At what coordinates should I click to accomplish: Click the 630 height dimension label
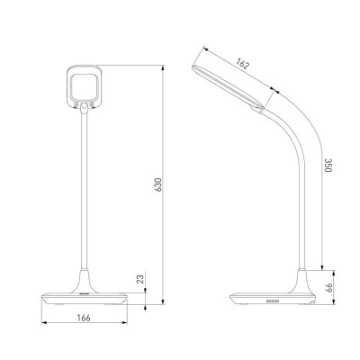pos(158,184)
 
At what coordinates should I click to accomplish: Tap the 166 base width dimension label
pos(84,318)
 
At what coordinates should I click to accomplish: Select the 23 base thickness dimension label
pos(140,279)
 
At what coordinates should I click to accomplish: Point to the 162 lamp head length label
pos(242,64)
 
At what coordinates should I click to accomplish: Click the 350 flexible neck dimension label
pos(328,165)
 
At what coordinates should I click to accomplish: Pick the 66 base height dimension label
pos(329,288)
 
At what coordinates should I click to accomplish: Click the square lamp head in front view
pos(84,86)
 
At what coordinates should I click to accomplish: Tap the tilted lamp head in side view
pos(228,87)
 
